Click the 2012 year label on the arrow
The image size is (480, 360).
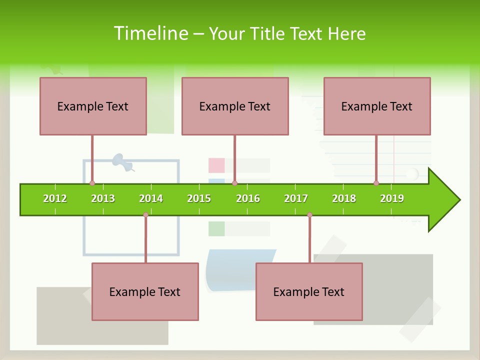(x=55, y=198)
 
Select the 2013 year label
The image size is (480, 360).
(x=103, y=198)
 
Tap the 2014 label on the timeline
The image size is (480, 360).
(x=151, y=198)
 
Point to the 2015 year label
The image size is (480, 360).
(x=199, y=198)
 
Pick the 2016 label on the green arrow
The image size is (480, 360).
(x=248, y=198)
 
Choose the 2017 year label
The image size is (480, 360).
(x=296, y=198)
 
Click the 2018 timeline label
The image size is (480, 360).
(x=344, y=198)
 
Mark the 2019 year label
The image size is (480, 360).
(x=392, y=198)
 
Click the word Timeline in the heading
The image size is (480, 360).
(x=150, y=33)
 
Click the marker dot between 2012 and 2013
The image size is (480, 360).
(x=92, y=183)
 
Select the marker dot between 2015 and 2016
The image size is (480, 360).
(x=234, y=183)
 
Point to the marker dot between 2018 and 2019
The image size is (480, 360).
(x=376, y=183)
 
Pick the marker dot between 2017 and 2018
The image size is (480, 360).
(x=309, y=215)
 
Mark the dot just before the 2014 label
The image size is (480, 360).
(x=145, y=215)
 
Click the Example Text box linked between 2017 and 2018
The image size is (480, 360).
(x=309, y=292)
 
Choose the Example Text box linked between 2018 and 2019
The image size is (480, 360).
(x=377, y=106)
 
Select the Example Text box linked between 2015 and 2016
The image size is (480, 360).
(x=235, y=106)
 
